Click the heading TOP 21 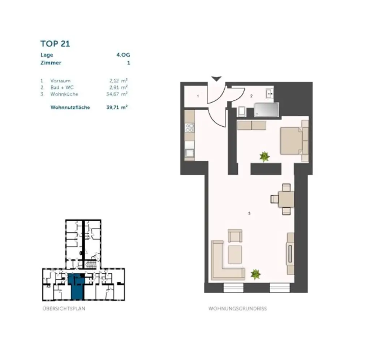click(x=55, y=44)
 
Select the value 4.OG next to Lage click(x=123, y=55)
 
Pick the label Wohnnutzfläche click(x=70, y=107)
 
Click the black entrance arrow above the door click(x=216, y=78)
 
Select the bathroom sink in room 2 click(x=269, y=93)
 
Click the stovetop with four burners click(x=190, y=127)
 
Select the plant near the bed click(x=264, y=156)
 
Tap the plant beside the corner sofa click(x=255, y=274)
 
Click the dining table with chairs click(x=286, y=199)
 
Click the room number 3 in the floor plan click(x=249, y=213)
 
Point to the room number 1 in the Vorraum click(x=198, y=96)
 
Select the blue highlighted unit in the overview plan click(x=76, y=287)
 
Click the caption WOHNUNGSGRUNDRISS click(x=237, y=309)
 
